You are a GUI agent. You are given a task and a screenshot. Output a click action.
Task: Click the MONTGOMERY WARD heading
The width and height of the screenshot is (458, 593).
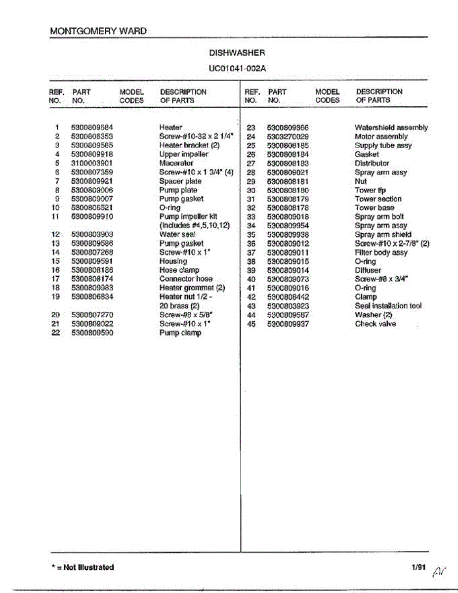(98, 31)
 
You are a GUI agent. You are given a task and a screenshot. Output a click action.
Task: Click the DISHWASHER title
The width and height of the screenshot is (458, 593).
(237, 53)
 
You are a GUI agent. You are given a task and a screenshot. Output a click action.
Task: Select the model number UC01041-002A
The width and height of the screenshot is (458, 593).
(237, 68)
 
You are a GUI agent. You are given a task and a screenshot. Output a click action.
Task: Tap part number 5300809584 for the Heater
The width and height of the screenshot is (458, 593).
(92, 127)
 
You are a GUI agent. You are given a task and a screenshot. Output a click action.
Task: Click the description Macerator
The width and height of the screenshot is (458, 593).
(176, 163)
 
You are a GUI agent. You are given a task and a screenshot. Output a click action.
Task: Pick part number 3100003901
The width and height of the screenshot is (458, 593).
(92, 163)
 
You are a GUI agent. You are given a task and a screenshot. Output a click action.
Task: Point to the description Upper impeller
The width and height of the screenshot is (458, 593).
(184, 154)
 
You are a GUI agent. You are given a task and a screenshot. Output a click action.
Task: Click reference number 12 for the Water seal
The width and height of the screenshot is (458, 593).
(55, 234)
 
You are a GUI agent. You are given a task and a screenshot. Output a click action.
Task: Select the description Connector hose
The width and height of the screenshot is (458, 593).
(186, 279)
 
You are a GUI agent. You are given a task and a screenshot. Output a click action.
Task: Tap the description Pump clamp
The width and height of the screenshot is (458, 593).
(180, 333)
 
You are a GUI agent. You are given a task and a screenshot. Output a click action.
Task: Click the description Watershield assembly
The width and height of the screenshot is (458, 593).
(391, 127)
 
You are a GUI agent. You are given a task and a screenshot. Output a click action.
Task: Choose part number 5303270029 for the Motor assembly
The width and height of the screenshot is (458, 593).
(288, 136)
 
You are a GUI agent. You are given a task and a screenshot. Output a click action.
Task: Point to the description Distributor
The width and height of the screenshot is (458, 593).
(372, 163)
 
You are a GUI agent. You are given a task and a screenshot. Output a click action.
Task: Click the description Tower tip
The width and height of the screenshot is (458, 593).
(370, 190)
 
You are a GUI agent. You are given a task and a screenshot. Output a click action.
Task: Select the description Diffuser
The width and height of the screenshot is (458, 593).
(368, 270)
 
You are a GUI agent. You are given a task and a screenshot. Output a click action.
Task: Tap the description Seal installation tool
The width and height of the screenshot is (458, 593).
(388, 306)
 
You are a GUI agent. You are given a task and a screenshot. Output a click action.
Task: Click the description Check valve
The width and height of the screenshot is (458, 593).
(375, 324)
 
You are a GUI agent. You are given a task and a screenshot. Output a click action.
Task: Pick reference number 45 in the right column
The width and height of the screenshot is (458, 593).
(251, 324)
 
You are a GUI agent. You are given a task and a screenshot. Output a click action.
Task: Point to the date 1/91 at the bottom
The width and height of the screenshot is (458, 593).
(417, 567)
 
